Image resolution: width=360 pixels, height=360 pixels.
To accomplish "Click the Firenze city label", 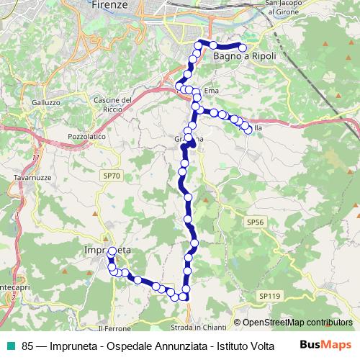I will click(110, 5).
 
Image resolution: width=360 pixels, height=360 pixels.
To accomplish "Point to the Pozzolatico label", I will click(86, 135).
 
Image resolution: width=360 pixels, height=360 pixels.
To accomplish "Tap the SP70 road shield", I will click(109, 175).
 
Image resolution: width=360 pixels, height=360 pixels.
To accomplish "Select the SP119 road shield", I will click(269, 296).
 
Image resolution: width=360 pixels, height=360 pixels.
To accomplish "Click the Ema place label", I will click(211, 91).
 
